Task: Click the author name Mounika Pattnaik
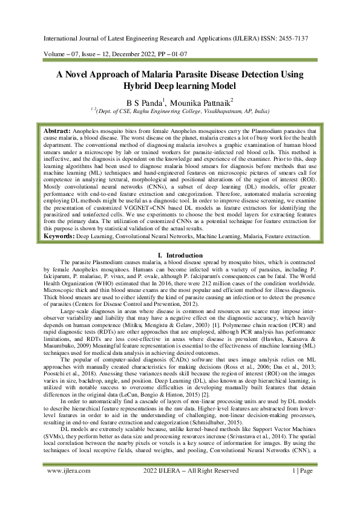pyautogui.click(x=194, y=102)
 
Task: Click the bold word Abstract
pyautogui.click(x=57, y=131)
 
